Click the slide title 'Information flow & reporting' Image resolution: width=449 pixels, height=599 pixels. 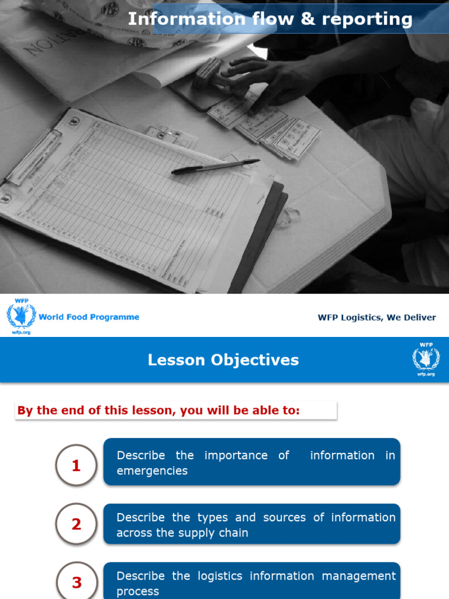[x=270, y=19]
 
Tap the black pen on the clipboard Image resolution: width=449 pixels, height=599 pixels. [x=215, y=167]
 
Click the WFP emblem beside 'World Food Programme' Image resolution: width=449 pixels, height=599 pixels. [x=21, y=316]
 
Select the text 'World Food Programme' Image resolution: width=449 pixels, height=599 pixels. [x=89, y=317]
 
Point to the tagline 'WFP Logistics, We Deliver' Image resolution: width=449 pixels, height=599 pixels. [x=377, y=318]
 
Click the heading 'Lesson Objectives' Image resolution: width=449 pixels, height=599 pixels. [x=223, y=360]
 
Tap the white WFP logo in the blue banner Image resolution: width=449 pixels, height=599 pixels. [x=426, y=359]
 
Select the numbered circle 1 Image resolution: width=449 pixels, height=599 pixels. [x=76, y=466]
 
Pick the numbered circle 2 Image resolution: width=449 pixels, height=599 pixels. [x=76, y=524]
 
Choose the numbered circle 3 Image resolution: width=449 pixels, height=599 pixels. [x=77, y=582]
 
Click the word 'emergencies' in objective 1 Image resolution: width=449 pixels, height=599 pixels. [x=152, y=471]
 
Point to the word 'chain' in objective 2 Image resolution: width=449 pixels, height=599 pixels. [x=234, y=533]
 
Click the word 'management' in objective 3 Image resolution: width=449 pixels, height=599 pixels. [x=361, y=576]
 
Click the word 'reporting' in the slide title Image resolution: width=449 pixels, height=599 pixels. [x=367, y=19]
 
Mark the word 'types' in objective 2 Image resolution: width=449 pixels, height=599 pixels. [x=212, y=517]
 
